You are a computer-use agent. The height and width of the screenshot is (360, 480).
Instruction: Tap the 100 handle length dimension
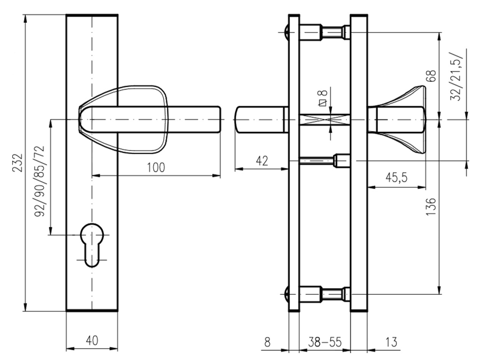coord(157,168)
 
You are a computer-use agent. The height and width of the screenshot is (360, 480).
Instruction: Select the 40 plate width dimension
coord(91,340)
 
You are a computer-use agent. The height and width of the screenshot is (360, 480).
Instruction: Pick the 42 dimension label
coord(261,161)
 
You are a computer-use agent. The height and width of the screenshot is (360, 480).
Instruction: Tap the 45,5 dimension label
coord(396,178)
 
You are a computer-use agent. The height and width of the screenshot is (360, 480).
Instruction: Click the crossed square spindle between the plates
coord(325,120)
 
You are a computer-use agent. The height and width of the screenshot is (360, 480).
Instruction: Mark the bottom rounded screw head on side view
coord(286,294)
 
